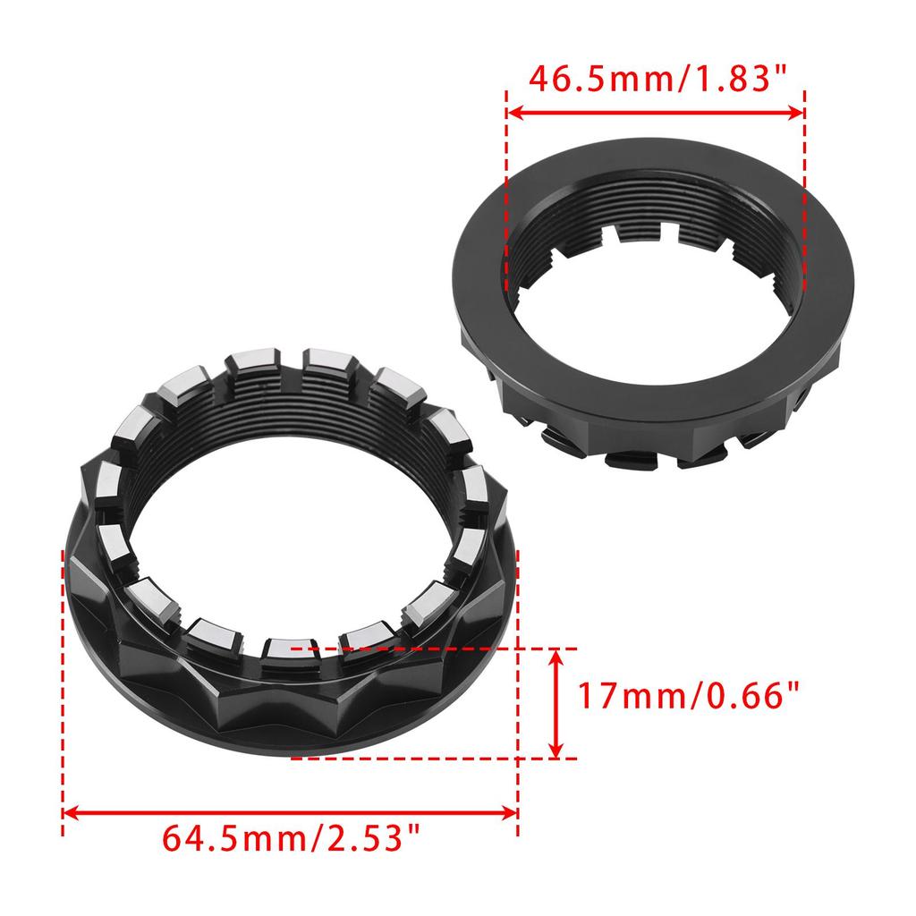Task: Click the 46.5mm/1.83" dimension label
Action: [656, 79]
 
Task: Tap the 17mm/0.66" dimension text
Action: [687, 695]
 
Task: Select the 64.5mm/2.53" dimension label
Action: [291, 840]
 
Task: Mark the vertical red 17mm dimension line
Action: [557, 704]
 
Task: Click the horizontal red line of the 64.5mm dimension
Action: [291, 813]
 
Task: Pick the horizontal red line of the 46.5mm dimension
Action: [656, 113]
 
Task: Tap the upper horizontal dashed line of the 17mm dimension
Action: [447, 647]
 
